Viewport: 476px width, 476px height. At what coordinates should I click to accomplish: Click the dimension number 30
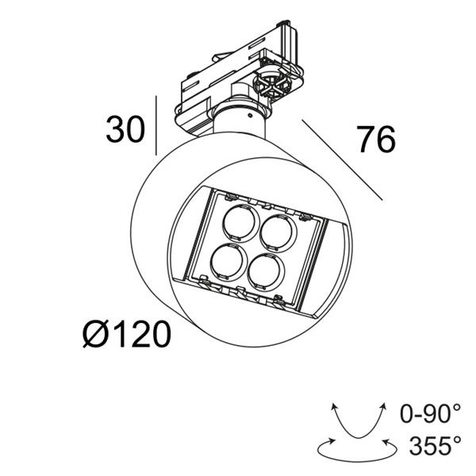pyautogui.click(x=125, y=130)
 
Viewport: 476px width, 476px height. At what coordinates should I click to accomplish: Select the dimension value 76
pyautogui.click(x=375, y=140)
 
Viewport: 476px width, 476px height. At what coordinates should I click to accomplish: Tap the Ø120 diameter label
pyautogui.click(x=126, y=335)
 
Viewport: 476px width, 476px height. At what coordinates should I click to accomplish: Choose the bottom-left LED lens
pyautogui.click(x=228, y=261)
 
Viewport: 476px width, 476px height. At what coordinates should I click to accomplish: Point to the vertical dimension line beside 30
pyautogui.click(x=156, y=125)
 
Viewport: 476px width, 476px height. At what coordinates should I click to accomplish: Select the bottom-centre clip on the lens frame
pyautogui.click(x=241, y=291)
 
